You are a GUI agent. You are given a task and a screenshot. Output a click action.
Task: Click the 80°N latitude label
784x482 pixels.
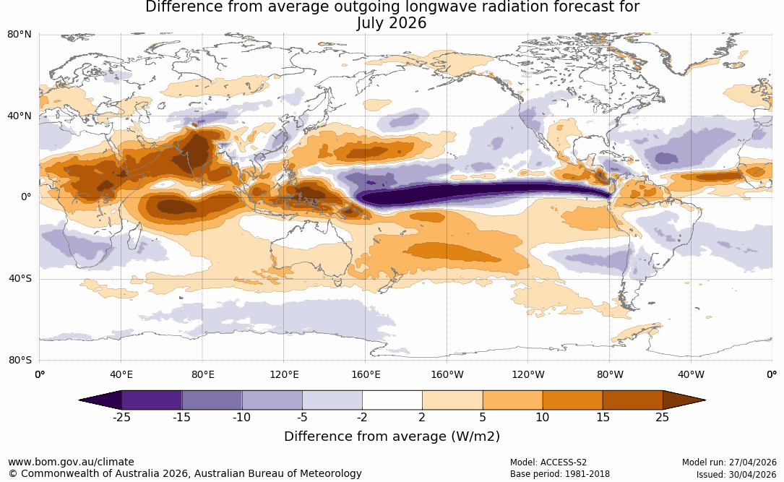coord(19,35)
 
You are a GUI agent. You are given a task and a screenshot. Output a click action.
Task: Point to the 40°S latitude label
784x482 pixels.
coord(20,278)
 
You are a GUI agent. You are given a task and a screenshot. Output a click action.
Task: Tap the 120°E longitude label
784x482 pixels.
coord(284,374)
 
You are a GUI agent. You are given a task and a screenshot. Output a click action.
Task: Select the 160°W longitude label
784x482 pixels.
coord(447,374)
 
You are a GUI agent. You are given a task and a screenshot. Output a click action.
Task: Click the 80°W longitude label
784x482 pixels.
coord(610,374)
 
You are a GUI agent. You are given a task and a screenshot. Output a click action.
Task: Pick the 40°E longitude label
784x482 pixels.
coord(121,374)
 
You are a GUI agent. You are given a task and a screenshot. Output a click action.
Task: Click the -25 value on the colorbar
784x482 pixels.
coord(121,418)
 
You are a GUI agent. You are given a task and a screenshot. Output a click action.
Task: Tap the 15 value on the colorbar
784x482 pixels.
coord(603,418)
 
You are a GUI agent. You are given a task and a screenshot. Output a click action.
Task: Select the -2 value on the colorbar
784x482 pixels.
coord(362,418)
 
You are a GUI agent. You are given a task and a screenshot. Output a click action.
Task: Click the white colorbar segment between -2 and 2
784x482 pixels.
coord(392,400)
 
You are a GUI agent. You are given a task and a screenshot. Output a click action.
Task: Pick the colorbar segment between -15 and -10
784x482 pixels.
coord(212,400)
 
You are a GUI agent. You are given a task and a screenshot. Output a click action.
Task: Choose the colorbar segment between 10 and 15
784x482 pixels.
coord(572,400)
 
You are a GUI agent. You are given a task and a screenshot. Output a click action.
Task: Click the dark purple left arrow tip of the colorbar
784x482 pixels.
coord(79,400)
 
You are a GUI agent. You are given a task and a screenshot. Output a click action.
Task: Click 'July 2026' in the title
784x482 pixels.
coord(392,23)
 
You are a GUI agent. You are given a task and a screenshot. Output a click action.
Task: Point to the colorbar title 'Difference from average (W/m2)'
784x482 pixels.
coord(392,436)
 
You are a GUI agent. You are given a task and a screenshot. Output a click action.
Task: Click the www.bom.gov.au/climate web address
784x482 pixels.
coord(71,462)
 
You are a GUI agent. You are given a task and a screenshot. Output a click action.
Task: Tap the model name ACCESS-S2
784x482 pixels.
coord(564,462)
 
